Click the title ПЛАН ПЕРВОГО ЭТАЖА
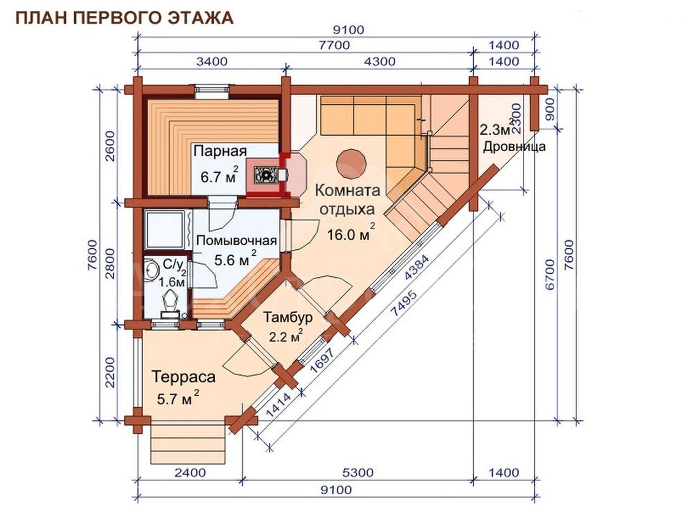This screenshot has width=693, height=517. point(125,18)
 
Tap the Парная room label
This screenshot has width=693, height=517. point(220,151)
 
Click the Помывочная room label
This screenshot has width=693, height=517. point(237,241)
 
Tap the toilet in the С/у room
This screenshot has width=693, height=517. point(171,304)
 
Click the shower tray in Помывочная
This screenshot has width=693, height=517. point(164,229)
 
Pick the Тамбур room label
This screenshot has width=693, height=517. point(288,317)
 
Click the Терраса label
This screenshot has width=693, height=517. point(184,377)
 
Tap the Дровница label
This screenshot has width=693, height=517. point(514,147)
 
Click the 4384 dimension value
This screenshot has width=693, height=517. point(417,267)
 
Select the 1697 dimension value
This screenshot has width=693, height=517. point(322,360)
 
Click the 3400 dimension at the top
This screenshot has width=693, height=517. point(212,62)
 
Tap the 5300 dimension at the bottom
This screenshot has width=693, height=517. point(358,473)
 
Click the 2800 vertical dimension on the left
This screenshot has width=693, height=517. point(110,264)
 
